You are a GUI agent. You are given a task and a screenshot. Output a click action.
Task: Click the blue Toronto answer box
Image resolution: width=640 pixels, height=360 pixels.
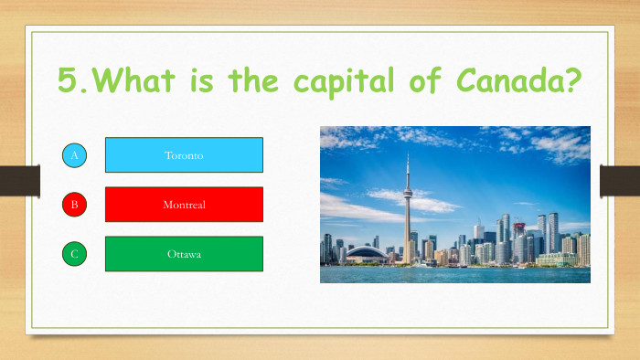(184, 155)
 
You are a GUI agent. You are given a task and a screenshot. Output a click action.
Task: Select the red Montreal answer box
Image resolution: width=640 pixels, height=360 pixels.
(184, 205)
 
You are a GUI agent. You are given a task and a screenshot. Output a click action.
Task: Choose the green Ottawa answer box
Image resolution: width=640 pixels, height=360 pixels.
(184, 254)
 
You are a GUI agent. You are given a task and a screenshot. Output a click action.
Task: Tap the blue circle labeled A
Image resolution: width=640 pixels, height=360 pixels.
(75, 156)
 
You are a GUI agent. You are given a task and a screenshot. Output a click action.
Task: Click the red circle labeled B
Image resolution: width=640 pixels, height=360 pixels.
(75, 205)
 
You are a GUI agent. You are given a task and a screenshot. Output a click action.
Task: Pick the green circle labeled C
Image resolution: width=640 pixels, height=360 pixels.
(75, 254)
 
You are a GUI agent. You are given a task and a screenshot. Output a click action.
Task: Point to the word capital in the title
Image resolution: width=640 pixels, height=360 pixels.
(336, 82)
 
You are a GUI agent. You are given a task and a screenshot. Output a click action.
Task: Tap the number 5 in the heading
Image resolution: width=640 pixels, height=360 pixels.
(67, 80)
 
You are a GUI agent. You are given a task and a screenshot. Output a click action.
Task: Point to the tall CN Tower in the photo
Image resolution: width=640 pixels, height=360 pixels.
(407, 210)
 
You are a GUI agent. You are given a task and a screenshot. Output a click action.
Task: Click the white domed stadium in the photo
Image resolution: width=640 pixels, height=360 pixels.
(367, 253)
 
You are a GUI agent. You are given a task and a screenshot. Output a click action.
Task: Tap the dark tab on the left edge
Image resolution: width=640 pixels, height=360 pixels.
(19, 180)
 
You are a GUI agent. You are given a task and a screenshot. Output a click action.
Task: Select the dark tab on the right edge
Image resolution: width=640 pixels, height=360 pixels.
(619, 180)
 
